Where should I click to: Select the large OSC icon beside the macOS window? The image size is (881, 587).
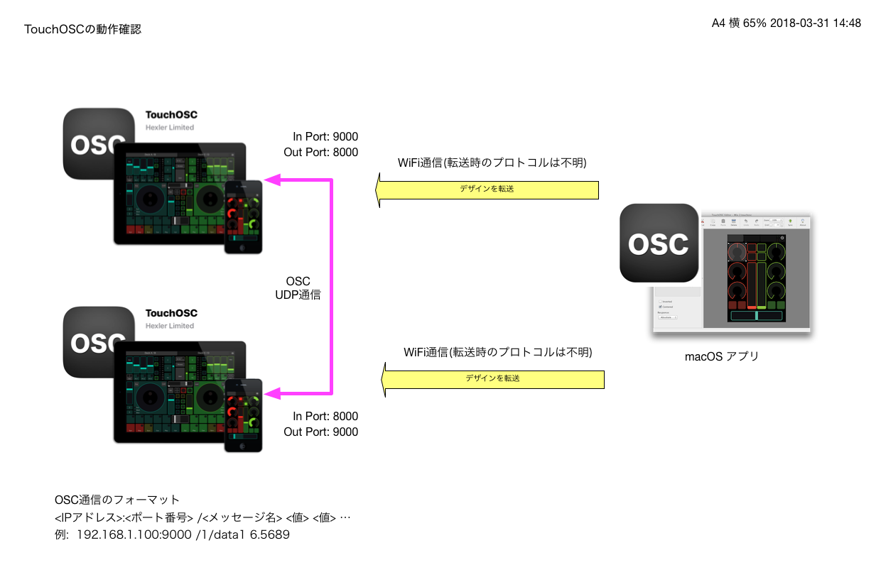(659, 243)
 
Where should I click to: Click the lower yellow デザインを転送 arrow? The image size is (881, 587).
(493, 379)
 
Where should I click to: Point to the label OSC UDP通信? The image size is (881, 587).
(298, 288)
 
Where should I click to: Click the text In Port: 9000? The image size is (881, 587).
(325, 137)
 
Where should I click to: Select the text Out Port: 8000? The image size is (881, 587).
(321, 153)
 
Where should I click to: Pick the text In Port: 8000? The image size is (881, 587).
(325, 417)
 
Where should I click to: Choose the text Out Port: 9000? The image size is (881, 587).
(321, 432)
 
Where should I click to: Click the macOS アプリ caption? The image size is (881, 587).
(722, 356)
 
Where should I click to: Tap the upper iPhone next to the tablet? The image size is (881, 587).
(243, 216)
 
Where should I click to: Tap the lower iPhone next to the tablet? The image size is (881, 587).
(243, 415)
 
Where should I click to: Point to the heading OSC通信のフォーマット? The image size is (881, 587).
(117, 500)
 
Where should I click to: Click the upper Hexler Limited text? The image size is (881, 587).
(170, 128)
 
